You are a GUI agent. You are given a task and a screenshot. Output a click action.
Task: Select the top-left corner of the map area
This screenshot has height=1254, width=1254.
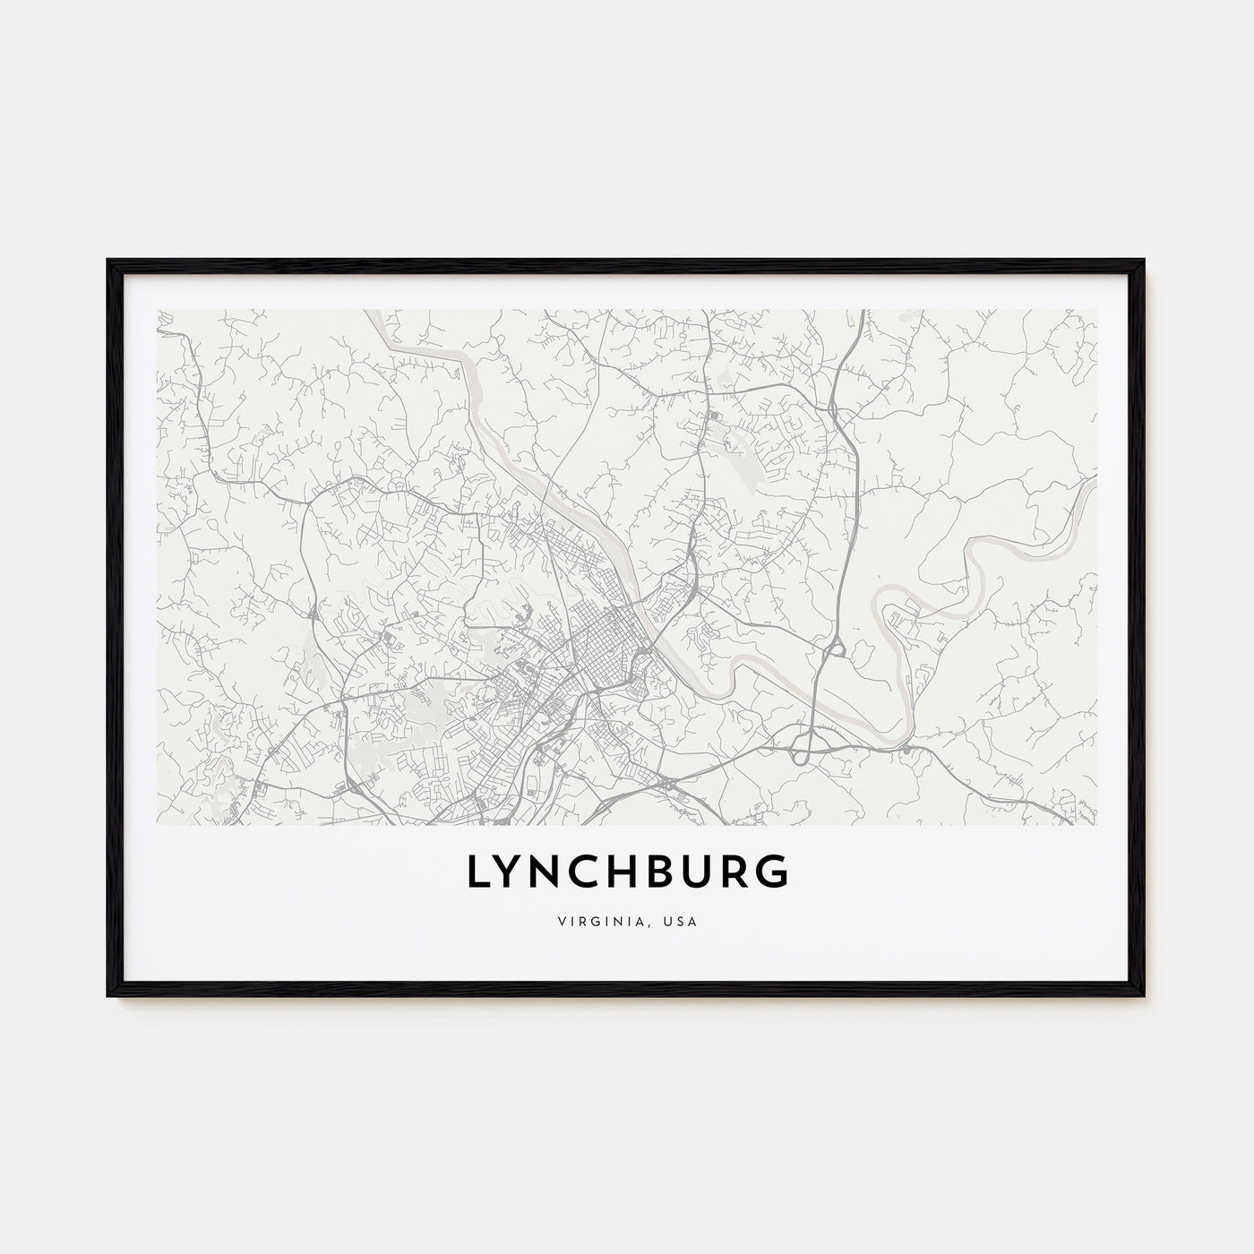158,311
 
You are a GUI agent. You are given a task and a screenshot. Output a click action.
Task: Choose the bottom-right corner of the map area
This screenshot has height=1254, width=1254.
1096,824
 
